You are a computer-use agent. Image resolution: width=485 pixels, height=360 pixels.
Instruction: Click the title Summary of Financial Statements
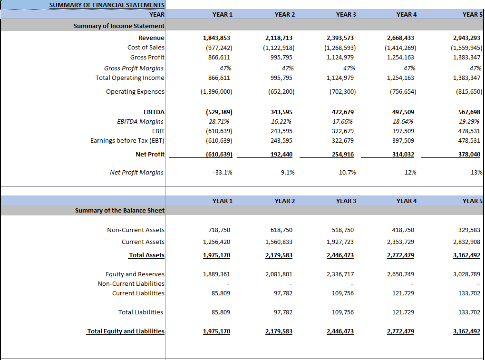pos(107,5)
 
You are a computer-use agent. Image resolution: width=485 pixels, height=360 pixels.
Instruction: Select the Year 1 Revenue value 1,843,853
pos(217,38)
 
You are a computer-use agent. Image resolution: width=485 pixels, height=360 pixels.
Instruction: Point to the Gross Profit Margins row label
pos(134,68)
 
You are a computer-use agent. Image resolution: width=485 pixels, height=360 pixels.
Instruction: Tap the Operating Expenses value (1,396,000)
pos(217,91)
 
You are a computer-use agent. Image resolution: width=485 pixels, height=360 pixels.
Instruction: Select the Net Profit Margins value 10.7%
pos(347,172)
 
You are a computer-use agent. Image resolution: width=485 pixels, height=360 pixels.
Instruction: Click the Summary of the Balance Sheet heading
pos(119,210)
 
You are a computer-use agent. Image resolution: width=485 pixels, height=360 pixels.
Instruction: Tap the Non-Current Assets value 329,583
pos(469,230)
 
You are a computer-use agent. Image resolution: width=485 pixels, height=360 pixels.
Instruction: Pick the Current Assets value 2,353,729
pos(400,242)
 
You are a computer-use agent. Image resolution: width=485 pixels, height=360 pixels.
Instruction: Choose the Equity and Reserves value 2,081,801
pos(279,274)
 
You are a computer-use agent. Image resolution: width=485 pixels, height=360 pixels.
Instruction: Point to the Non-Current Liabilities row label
pos(131,283)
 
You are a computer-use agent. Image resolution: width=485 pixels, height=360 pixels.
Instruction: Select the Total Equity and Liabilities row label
pos(126,331)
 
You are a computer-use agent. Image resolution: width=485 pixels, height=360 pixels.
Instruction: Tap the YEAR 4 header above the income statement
pos(406,14)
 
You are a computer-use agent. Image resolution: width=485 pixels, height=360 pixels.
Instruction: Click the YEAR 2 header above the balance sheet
pos(284,201)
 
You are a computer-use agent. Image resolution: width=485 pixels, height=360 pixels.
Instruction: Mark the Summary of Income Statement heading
pos(119,26)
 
